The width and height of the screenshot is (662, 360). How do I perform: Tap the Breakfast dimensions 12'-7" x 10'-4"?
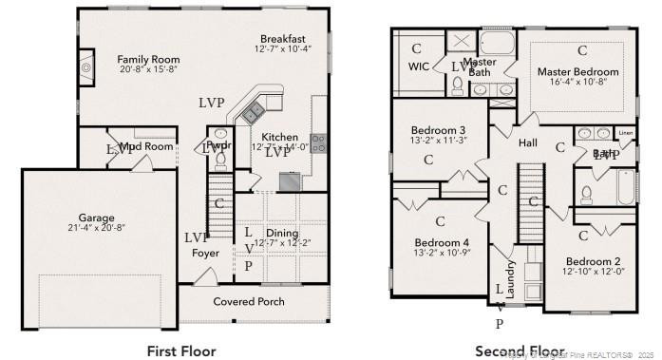[283, 48]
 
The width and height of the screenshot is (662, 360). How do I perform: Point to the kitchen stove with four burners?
[319, 142]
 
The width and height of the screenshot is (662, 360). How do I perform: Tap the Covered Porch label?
[248, 301]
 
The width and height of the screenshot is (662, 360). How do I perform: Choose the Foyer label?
[205, 254]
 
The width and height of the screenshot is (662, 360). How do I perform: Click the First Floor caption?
[181, 351]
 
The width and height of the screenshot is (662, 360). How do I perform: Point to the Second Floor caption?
[520, 351]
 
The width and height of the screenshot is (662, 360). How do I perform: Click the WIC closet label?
[420, 66]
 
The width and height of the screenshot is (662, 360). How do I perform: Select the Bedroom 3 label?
[438, 130]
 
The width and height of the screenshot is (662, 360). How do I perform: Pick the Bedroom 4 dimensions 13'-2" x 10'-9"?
[442, 254]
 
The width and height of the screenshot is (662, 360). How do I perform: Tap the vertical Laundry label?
[510, 280]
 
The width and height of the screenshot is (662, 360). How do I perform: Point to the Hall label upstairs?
[529, 142]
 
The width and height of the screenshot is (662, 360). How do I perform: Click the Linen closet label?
[626, 133]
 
